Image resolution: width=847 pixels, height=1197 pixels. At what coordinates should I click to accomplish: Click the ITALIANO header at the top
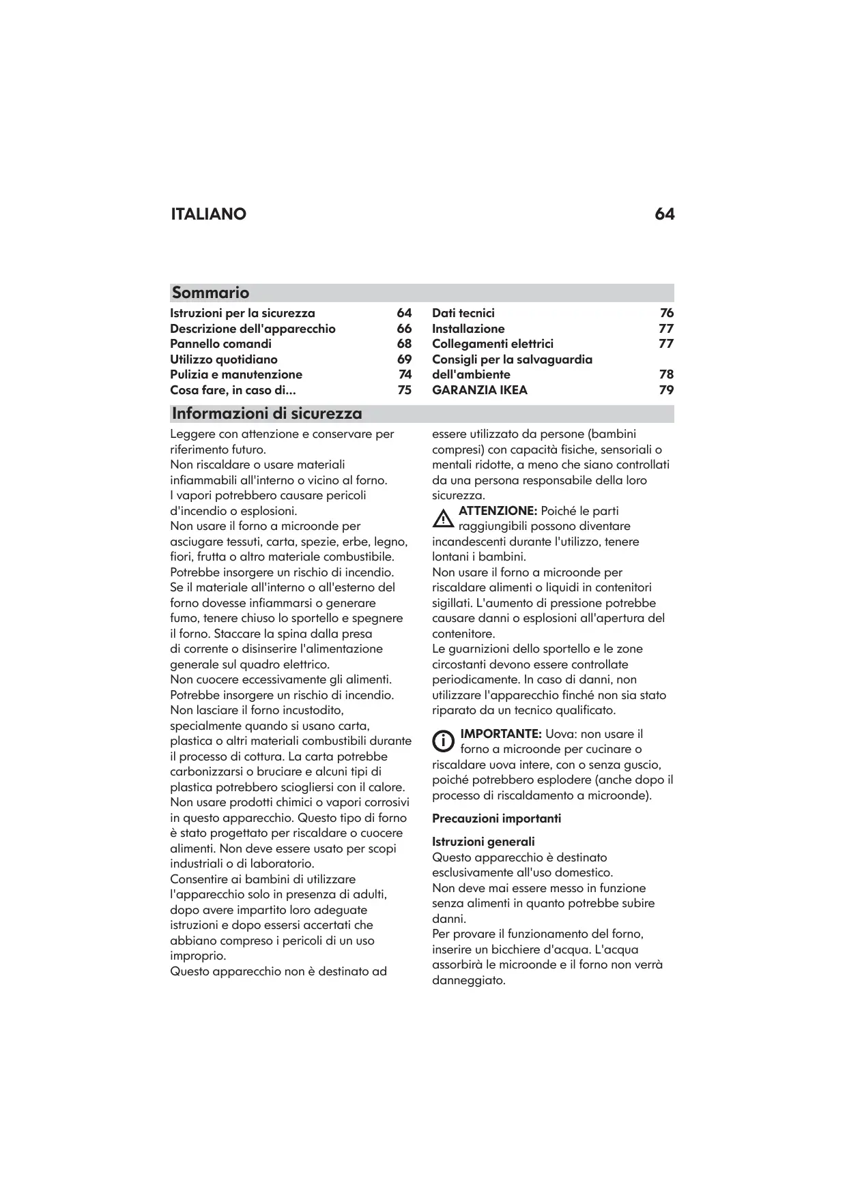(x=208, y=214)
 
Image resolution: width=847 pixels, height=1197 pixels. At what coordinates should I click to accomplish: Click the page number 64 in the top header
(x=664, y=214)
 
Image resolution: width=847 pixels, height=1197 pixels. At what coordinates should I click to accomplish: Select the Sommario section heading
(x=210, y=293)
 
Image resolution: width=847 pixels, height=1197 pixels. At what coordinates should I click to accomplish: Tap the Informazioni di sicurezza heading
(x=267, y=413)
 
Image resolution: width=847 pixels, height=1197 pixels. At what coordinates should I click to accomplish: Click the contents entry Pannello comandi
(x=220, y=344)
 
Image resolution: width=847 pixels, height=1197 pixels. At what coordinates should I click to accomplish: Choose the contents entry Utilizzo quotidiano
(x=224, y=359)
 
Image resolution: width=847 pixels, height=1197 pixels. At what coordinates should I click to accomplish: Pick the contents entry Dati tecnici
(x=463, y=313)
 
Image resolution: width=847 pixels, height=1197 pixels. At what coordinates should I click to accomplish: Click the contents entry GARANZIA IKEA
(x=480, y=390)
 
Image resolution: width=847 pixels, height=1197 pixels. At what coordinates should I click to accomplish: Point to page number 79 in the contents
(x=666, y=390)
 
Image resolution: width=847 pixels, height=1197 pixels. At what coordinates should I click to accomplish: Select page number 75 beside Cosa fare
(x=405, y=390)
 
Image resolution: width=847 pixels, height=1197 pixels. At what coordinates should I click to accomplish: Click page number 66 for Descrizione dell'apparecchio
(x=405, y=329)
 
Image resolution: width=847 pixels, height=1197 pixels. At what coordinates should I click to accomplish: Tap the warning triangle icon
(x=443, y=519)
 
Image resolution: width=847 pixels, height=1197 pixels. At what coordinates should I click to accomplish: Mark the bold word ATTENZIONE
(x=498, y=511)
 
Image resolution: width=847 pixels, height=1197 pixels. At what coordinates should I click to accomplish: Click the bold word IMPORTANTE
(x=501, y=734)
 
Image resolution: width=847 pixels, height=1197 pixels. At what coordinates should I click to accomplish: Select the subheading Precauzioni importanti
(x=496, y=818)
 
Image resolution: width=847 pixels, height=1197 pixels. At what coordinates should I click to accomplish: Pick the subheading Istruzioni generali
(x=483, y=842)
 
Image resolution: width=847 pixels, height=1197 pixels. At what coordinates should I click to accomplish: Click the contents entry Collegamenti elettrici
(x=493, y=344)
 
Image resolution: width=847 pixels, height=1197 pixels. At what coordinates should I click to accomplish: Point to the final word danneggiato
(x=468, y=981)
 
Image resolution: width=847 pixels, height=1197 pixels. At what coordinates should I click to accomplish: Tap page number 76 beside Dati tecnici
(x=667, y=313)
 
